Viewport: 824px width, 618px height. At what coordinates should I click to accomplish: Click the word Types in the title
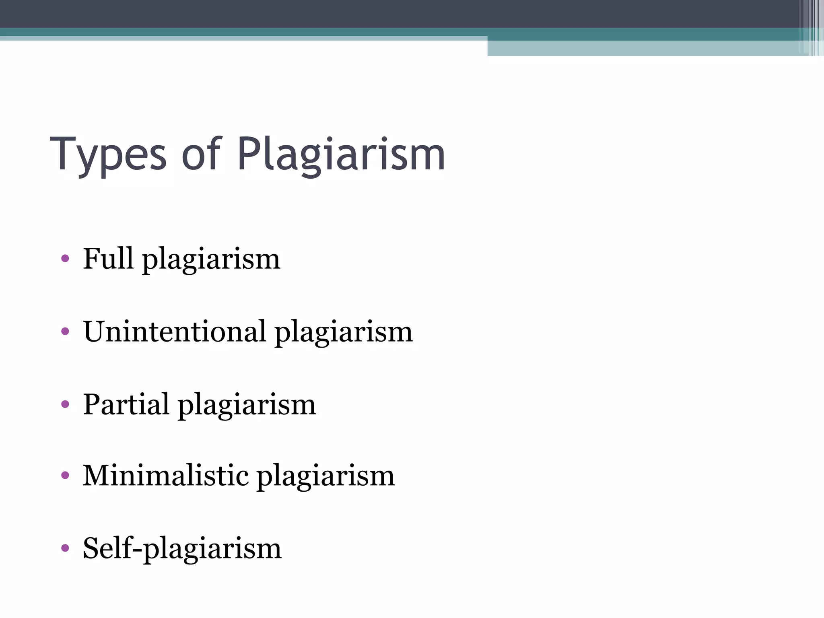coord(108,155)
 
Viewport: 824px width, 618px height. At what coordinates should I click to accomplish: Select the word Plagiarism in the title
coord(341,155)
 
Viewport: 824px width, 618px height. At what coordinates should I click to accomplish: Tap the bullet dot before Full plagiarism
coord(65,258)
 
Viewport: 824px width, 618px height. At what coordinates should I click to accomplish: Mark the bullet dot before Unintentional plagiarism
coord(65,332)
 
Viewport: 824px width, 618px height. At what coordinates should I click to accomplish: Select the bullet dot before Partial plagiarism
coord(65,404)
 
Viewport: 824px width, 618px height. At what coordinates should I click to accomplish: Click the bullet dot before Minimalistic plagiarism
coord(65,476)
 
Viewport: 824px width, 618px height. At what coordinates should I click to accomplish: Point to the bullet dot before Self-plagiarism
coord(65,548)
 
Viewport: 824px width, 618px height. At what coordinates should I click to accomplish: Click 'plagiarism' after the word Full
coord(211,260)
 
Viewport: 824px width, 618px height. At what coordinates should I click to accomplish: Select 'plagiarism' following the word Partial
coord(247,406)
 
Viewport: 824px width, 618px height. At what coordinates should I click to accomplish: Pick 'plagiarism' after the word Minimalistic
coord(325,477)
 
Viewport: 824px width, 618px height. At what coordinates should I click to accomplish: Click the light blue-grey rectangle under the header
coord(644,48)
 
